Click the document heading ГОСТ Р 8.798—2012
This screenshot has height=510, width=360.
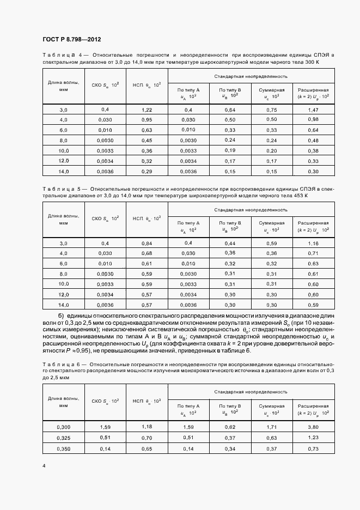point(72,40)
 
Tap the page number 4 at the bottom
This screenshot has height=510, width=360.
point(44,466)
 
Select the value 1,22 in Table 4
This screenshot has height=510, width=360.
point(147,110)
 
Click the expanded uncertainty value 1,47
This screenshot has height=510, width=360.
point(313,110)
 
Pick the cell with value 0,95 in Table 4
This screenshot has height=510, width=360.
point(147,120)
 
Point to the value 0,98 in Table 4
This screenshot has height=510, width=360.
point(313,120)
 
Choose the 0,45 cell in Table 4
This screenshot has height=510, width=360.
point(147,141)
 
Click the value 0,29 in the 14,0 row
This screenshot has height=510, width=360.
point(147,172)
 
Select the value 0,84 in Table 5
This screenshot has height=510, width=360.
point(147,243)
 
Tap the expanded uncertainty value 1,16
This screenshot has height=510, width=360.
point(313,243)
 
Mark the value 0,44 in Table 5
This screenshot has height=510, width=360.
point(229,243)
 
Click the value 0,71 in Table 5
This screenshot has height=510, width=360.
point(313,253)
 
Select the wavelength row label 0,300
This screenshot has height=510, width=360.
point(63,428)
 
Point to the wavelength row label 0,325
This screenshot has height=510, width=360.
point(63,438)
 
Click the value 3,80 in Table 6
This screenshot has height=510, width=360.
point(313,428)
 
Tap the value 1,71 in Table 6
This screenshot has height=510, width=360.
point(271,428)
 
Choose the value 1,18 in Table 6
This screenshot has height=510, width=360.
point(147,427)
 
